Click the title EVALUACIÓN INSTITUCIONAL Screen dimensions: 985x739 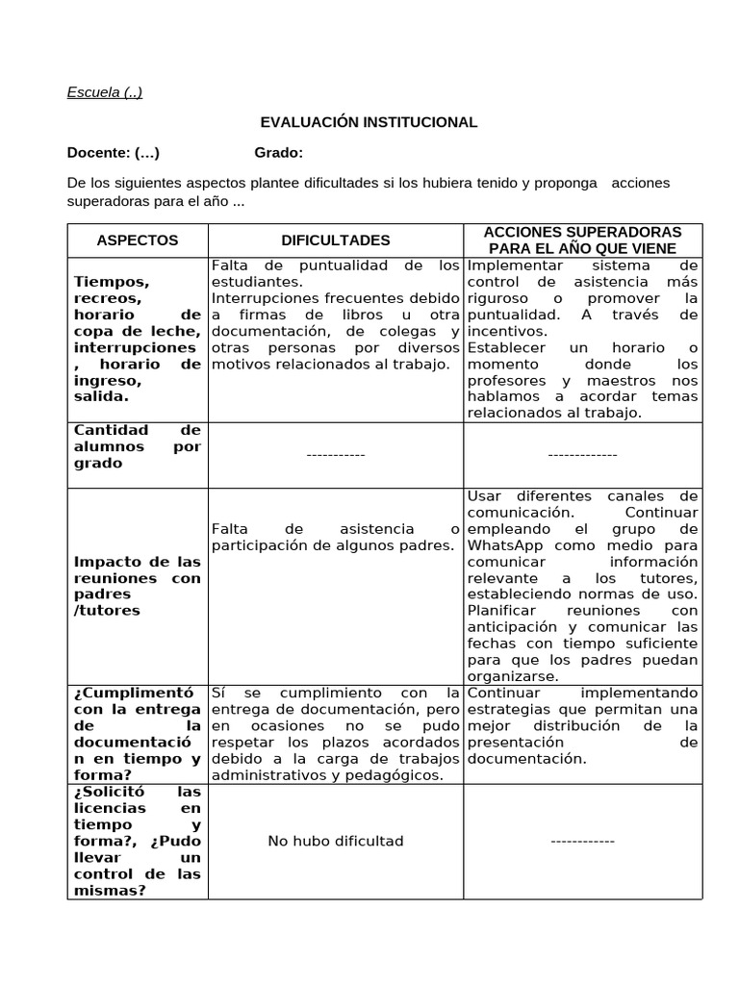369,122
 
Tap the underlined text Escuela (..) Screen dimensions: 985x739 105,92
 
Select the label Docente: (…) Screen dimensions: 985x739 114,152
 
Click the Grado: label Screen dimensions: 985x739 278,152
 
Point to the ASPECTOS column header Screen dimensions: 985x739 138,240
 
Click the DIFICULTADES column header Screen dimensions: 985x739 335,240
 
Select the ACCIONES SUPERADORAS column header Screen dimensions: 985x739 582,240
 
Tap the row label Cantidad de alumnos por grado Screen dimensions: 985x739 137,446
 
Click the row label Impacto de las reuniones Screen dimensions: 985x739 137,586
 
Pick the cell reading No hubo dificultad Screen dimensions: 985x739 335,841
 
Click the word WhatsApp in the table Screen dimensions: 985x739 504,545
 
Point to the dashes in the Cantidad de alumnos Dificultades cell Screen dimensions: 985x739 335,454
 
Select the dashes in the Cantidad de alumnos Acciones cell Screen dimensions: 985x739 582,454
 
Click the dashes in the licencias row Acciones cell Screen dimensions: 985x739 582,841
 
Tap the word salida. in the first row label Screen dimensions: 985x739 100,396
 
